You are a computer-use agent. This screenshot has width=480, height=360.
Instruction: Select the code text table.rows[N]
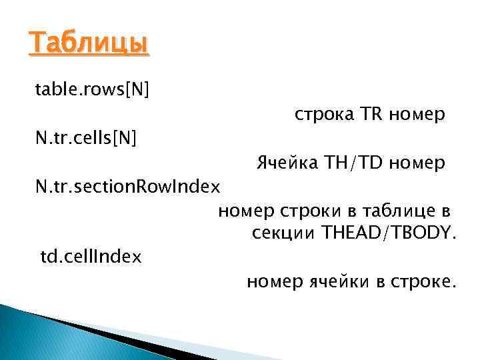point(92,90)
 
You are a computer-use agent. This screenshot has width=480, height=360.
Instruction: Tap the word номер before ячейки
point(273,282)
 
